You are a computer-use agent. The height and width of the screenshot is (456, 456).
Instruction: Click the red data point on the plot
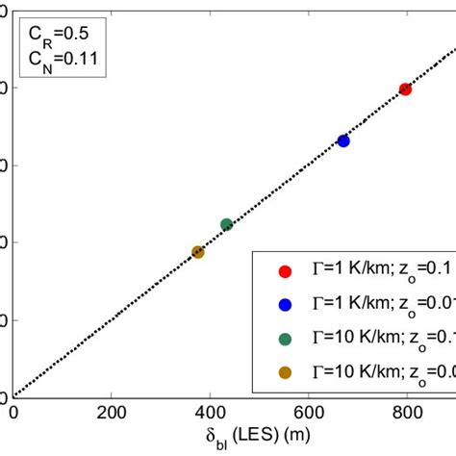click(405, 89)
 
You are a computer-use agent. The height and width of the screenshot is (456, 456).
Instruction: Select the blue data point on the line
click(343, 140)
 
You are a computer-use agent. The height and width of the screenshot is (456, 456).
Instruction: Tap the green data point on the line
click(226, 224)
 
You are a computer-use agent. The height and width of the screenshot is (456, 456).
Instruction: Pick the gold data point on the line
click(198, 252)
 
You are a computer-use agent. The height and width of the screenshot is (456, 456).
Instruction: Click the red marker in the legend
click(285, 270)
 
